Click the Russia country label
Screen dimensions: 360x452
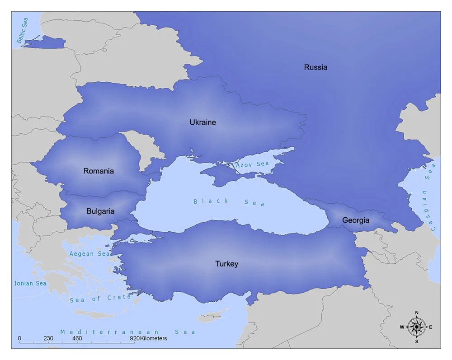(315, 67)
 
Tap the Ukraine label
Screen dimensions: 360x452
(202, 122)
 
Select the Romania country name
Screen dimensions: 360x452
(99, 171)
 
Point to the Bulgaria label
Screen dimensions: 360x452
(100, 211)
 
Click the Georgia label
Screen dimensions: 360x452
(356, 220)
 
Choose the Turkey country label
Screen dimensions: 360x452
(226, 264)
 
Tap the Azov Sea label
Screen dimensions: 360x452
(252, 164)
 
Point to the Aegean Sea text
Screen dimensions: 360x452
(89, 254)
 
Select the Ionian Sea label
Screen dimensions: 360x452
(30, 283)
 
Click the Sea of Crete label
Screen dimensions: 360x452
(100, 299)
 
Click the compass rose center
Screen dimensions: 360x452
(416, 327)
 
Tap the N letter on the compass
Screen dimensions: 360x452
(416, 313)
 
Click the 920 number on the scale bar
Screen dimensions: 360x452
(135, 338)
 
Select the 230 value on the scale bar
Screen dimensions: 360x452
(49, 338)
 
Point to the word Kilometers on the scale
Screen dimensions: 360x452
(154, 338)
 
